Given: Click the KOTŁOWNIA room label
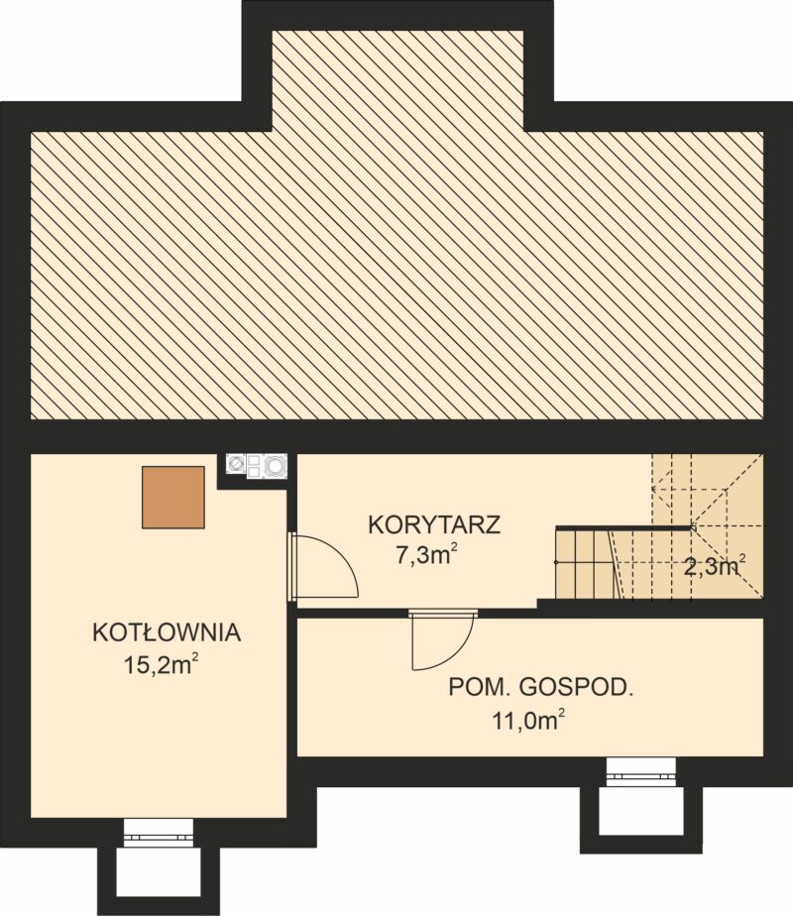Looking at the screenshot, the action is point(167,633).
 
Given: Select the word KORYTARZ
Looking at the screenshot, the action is point(434,524).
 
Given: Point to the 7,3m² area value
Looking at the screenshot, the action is point(425,554).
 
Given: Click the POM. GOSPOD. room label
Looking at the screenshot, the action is point(541,688).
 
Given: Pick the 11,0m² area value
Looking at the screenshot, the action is point(529,721).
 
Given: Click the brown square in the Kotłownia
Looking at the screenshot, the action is point(173,497).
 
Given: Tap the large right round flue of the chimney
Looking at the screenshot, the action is point(275,466).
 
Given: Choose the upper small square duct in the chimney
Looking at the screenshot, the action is point(254,460).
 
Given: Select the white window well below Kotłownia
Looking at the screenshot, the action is point(159,873).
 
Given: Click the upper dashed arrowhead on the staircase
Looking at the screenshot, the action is point(654,487).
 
